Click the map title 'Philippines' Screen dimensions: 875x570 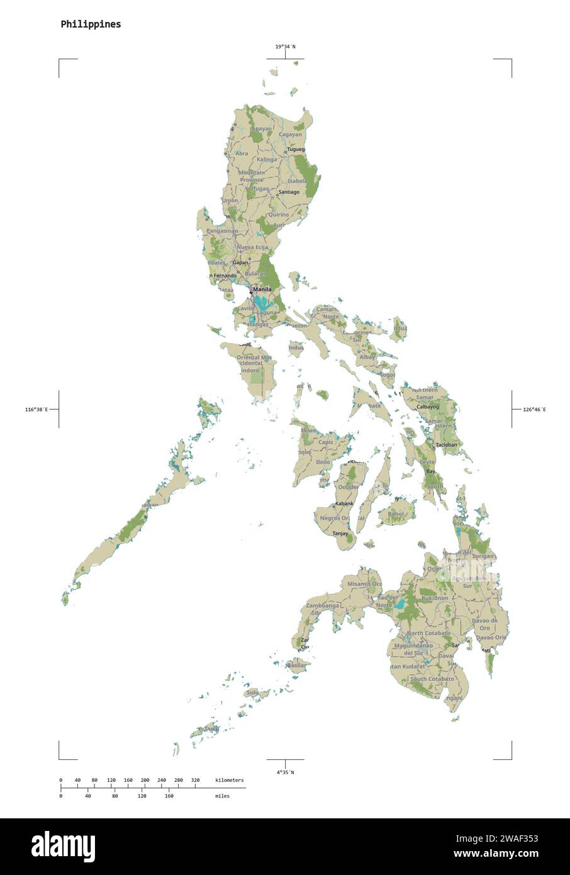pos(91,25)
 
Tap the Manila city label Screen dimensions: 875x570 pos(262,290)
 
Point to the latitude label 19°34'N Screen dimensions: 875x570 pos(285,47)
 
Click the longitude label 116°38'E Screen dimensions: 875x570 pos(36,410)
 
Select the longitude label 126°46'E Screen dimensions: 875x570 pos(534,410)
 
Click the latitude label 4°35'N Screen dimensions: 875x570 pos(285,772)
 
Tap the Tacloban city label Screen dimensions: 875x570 pos(446,445)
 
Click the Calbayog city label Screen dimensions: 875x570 pos(428,407)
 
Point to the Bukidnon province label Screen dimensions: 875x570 pos(435,598)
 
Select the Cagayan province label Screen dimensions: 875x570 pos(290,134)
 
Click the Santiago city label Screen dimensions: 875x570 pos(289,192)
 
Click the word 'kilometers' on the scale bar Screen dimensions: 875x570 pos(229,781)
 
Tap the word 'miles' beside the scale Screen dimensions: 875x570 pos(221,796)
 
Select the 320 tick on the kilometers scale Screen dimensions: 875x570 pos(195,781)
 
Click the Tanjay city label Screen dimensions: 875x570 pos(340,533)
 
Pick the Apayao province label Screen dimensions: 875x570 pos(261,128)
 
